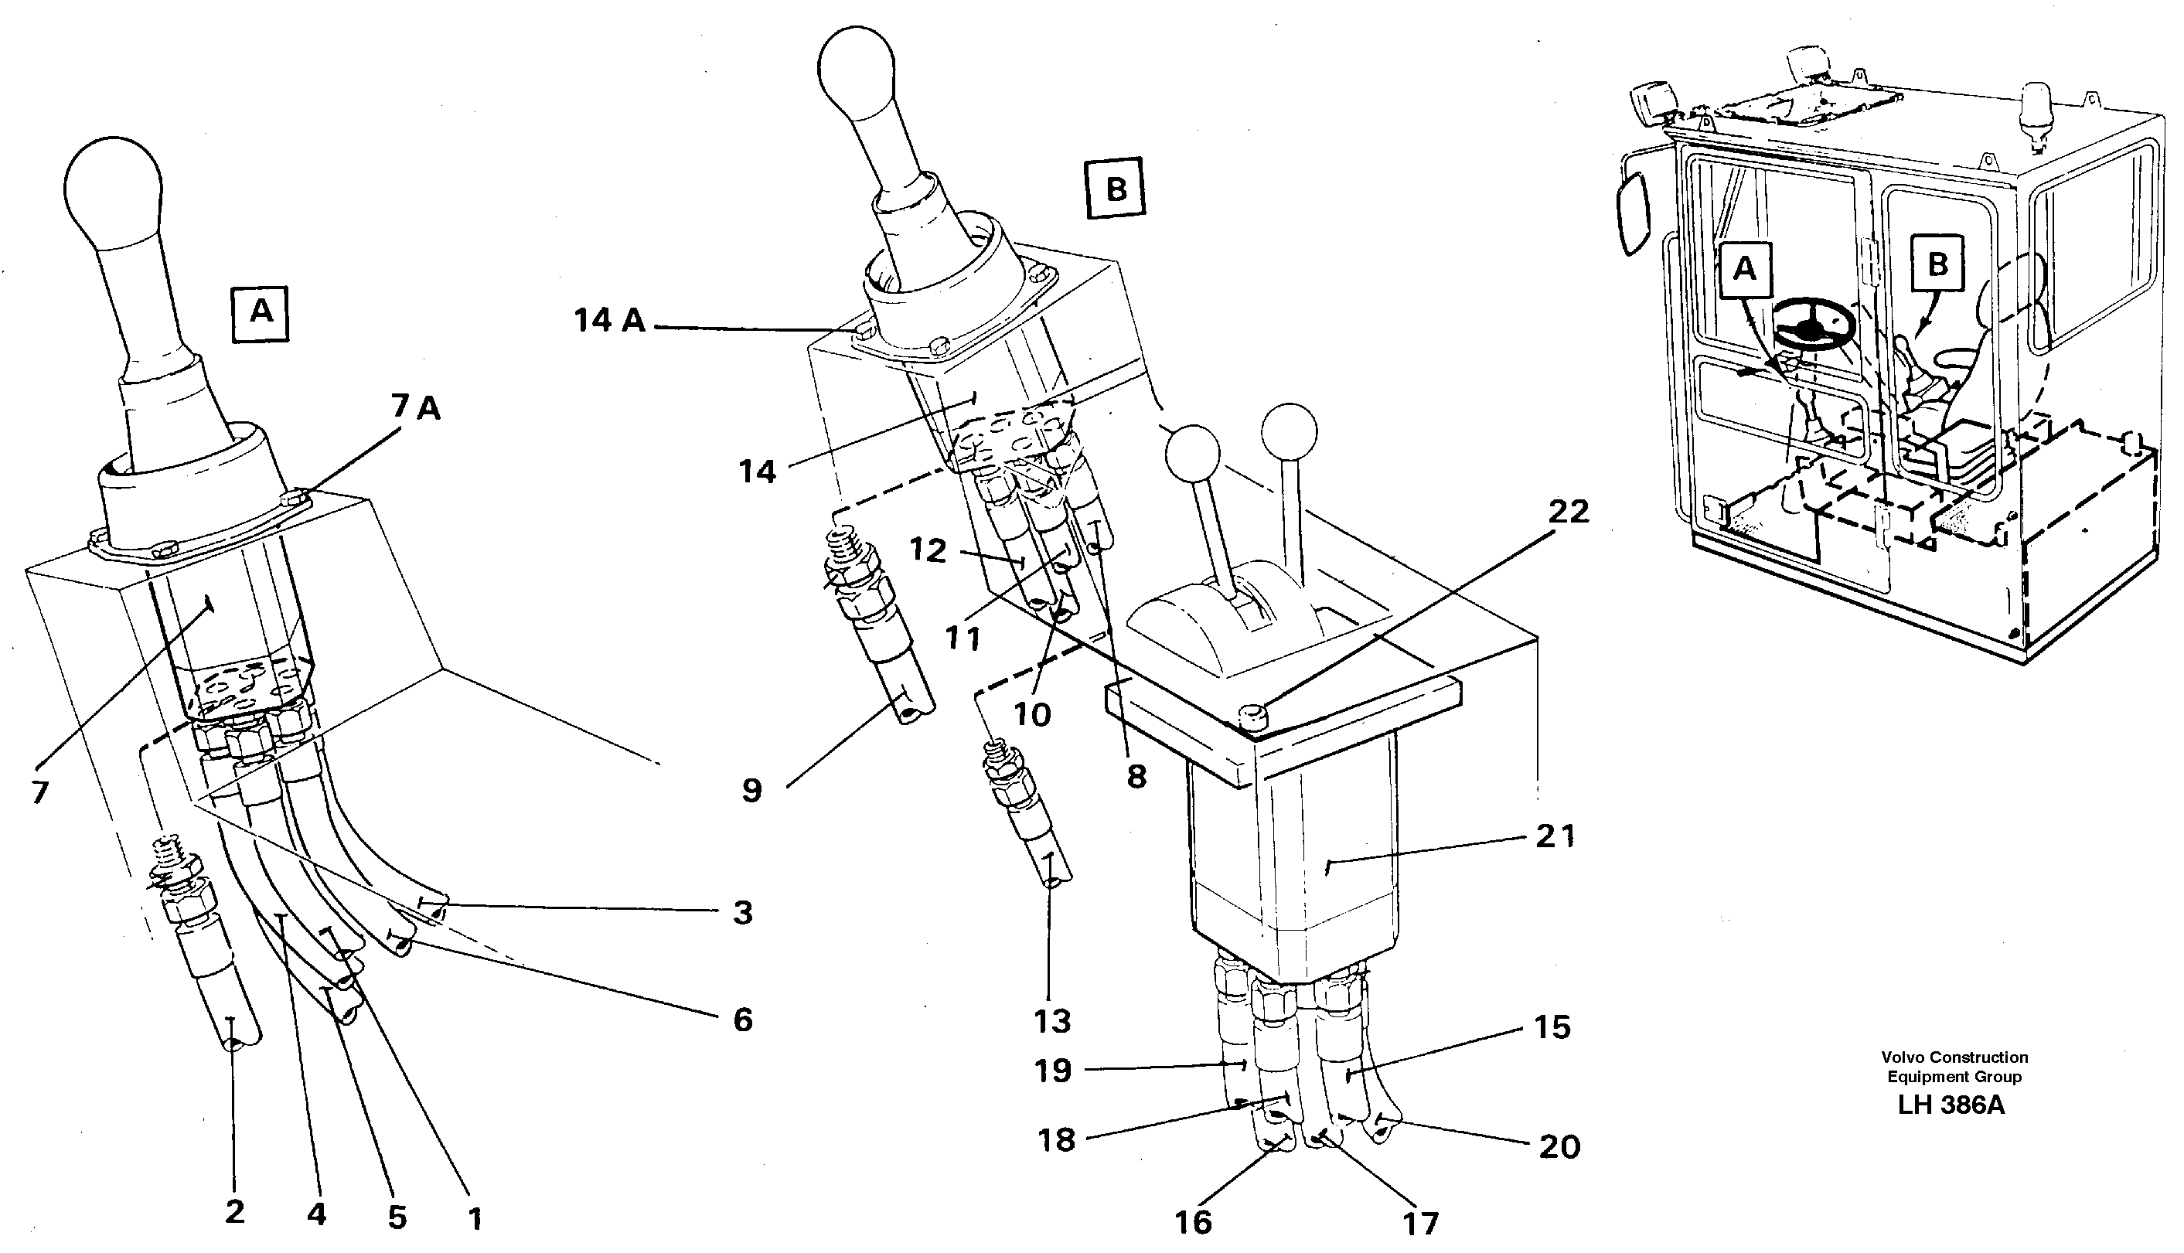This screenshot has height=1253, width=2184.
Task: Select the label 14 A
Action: click(x=609, y=321)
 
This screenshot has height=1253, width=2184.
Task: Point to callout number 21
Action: click(x=1555, y=836)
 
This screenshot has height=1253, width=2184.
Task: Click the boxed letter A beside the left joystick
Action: click(x=261, y=313)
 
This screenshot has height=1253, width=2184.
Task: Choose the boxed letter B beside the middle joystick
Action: click(x=1116, y=188)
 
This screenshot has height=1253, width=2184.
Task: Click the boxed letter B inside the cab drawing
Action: click(x=1937, y=264)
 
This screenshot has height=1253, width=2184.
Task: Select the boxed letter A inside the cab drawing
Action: click(x=1743, y=268)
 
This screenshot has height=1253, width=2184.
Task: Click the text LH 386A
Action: click(x=1951, y=1106)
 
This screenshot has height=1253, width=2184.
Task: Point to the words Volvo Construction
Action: click(x=1954, y=1057)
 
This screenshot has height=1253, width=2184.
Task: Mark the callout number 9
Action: click(x=752, y=791)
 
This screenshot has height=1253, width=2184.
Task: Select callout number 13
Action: click(x=1051, y=1022)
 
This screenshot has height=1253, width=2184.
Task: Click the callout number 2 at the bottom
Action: click(x=234, y=1213)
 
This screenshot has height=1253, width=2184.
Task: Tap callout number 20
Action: click(x=1559, y=1147)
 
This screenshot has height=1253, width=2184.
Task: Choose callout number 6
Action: click(x=743, y=1020)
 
